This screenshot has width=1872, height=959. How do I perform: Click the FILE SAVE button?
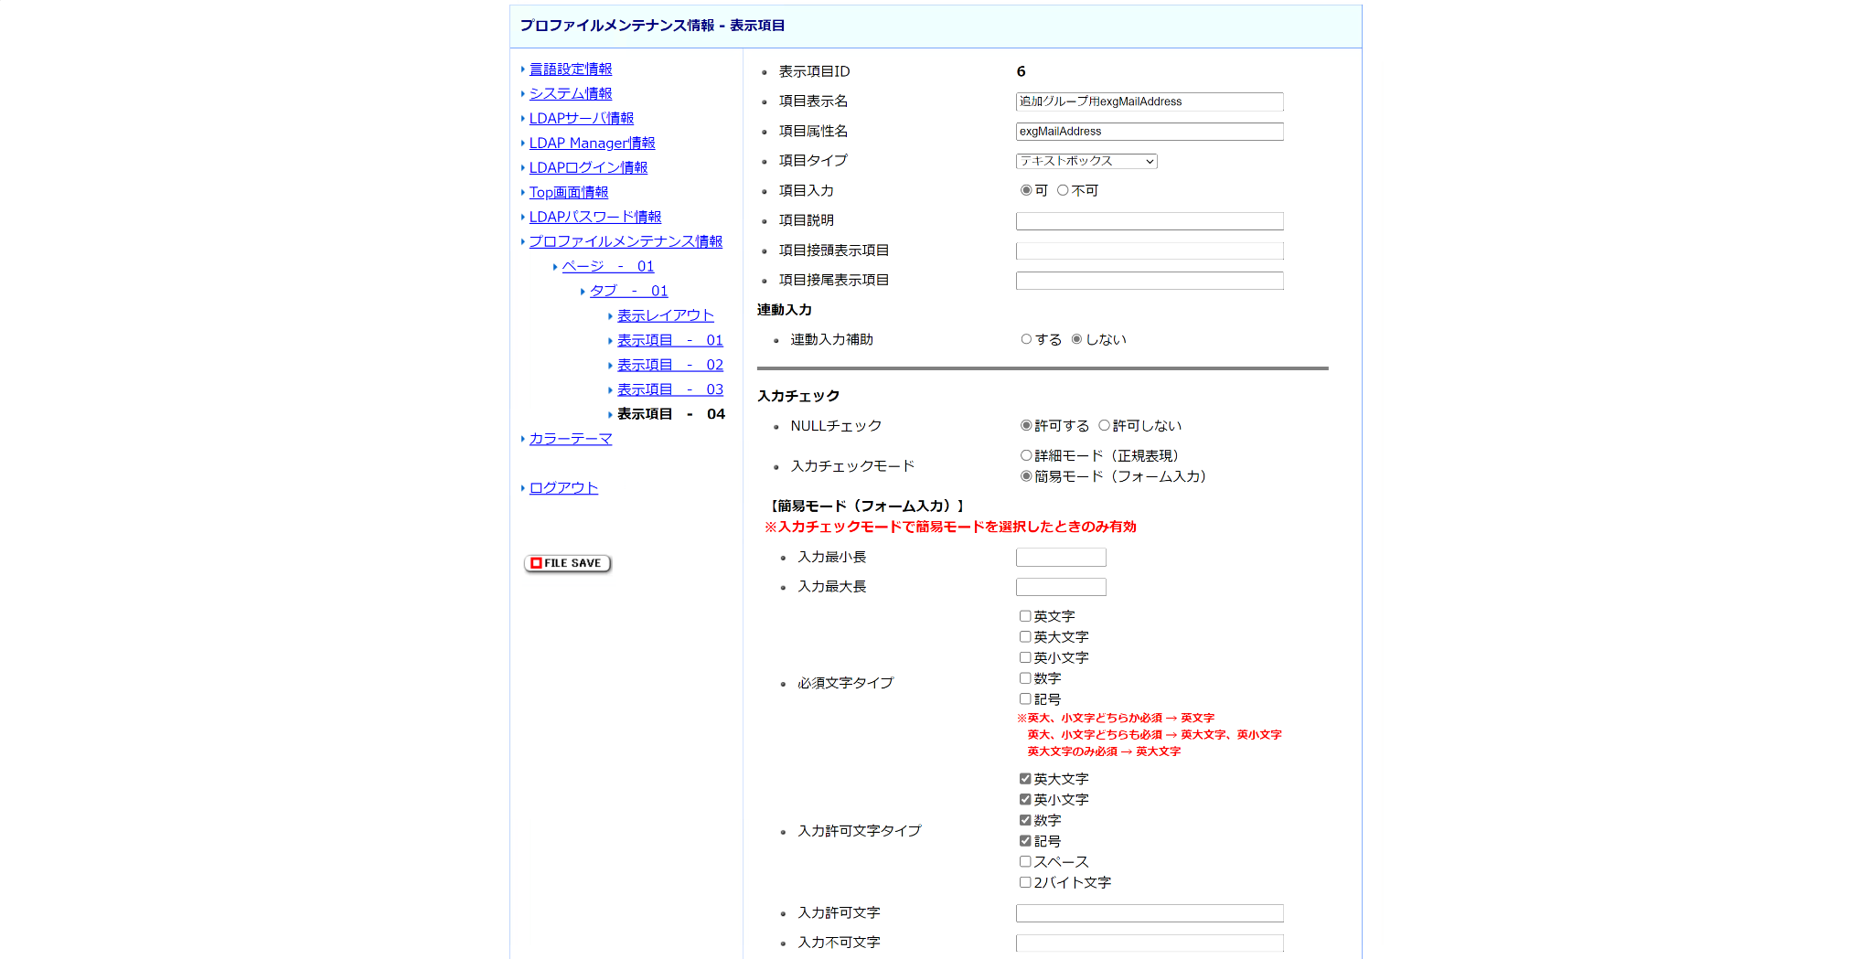[567, 563]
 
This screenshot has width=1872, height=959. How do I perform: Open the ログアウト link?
[563, 488]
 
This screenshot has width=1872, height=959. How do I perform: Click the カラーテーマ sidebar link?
[570, 439]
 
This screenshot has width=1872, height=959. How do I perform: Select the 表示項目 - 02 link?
[669, 365]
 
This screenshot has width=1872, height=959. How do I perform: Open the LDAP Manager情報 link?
[592, 143]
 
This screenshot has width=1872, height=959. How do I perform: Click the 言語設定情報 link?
[570, 69]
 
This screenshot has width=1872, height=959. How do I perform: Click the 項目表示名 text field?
[1149, 101]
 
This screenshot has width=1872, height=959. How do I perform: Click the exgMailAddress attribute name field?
[1149, 132]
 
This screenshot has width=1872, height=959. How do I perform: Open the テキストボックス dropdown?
[1086, 161]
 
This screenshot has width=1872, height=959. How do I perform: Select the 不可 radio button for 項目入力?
[1063, 190]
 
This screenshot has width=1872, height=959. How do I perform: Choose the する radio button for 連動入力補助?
[1026, 339]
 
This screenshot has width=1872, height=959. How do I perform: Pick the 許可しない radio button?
[1104, 425]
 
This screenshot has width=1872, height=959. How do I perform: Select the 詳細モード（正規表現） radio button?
[1026, 455]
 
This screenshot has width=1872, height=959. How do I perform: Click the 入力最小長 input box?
[1061, 557]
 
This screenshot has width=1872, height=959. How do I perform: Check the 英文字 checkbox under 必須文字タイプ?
[1025, 616]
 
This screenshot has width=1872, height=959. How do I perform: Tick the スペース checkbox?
[1025, 861]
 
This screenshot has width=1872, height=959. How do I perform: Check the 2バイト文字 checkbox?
[1025, 882]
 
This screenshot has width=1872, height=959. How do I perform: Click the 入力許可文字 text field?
[1149, 913]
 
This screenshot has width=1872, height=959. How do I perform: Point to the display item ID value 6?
[1021, 71]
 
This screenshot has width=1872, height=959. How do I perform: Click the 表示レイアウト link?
[665, 315]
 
